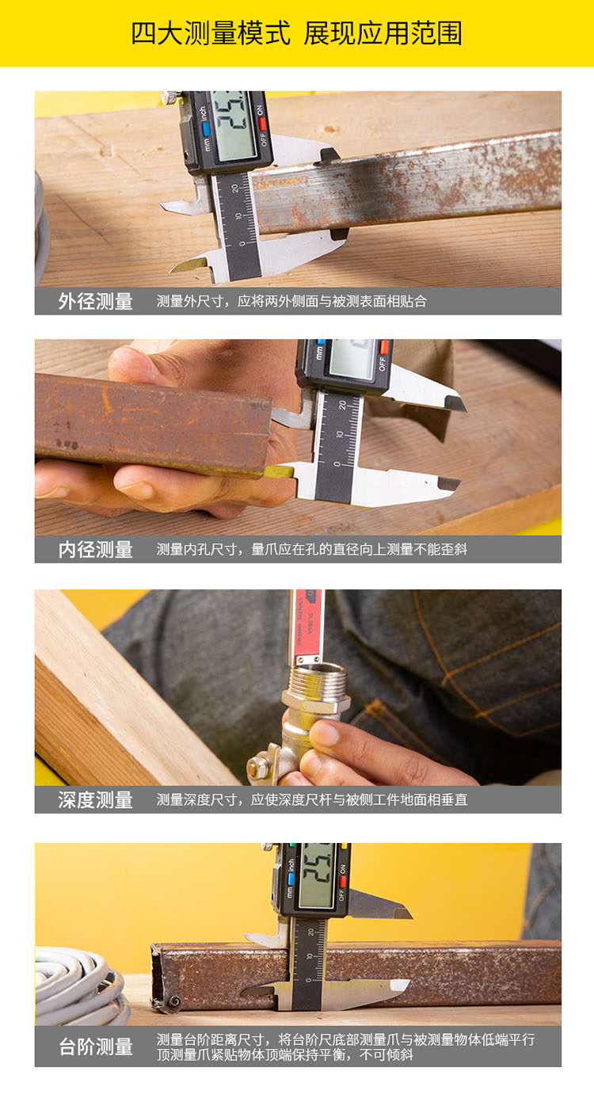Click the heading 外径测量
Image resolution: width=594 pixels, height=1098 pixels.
point(96,301)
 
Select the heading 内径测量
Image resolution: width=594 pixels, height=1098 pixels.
point(96,550)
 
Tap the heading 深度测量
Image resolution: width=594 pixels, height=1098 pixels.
point(96,799)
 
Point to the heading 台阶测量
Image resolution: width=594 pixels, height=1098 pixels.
point(96,1047)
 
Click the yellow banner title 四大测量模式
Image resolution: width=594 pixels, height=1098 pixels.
point(211,33)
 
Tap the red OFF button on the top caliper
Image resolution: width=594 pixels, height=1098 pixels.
point(262,124)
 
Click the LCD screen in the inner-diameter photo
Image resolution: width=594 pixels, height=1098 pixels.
point(352,358)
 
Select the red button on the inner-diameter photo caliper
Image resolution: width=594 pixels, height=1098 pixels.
point(384,346)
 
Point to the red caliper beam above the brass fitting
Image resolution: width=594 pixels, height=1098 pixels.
point(307,626)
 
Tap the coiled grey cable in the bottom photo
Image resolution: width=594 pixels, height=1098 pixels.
point(78,986)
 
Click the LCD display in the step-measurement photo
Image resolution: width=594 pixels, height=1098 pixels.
point(317,875)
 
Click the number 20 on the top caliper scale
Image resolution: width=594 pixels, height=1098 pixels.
point(236,189)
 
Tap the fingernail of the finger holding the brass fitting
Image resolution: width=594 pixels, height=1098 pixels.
point(324,734)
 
